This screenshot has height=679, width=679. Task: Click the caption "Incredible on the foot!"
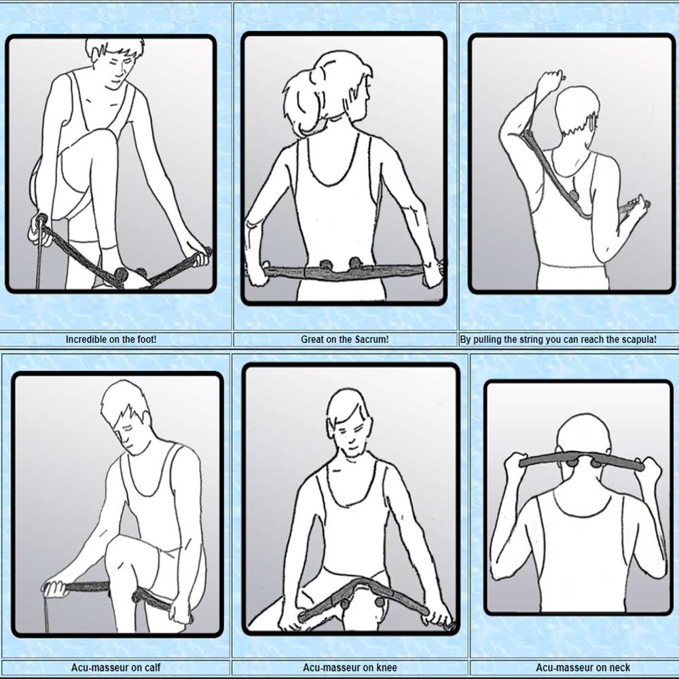point(111,339)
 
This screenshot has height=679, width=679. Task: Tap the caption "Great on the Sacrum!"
point(345,339)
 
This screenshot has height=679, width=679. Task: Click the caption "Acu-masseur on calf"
point(115,667)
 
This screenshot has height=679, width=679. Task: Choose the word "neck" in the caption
point(619,667)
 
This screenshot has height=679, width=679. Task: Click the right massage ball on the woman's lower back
point(355,263)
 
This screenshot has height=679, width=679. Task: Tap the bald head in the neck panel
point(581,435)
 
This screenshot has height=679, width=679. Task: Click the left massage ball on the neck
point(571,462)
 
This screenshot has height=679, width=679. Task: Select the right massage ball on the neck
point(598,463)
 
